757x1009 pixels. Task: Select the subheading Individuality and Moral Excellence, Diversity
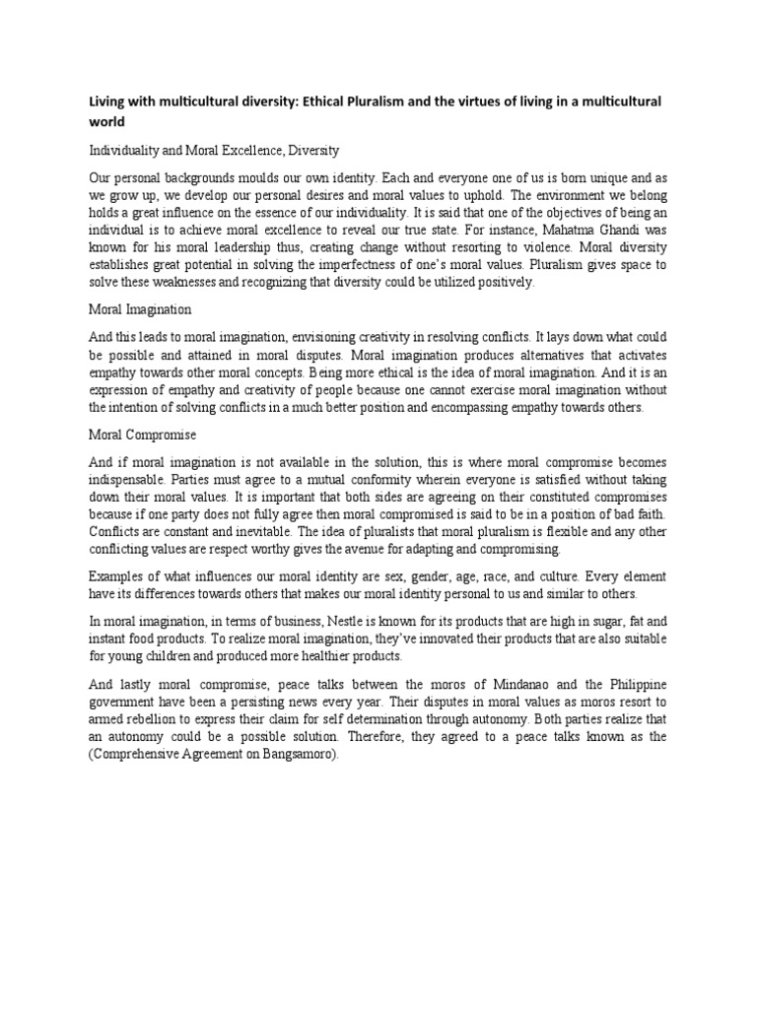click(215, 152)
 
